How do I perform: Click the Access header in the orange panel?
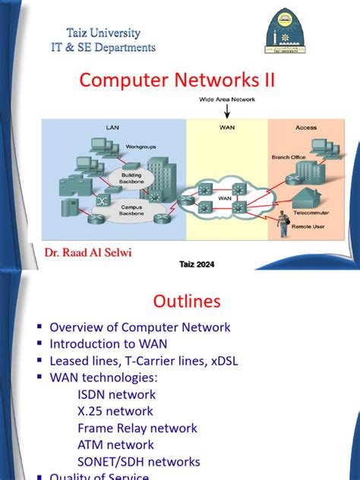tap(306, 128)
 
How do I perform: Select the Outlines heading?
tap(187, 302)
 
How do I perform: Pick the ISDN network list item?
tap(116, 394)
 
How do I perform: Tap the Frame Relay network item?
tap(137, 428)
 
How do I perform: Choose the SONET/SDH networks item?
tap(138, 461)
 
